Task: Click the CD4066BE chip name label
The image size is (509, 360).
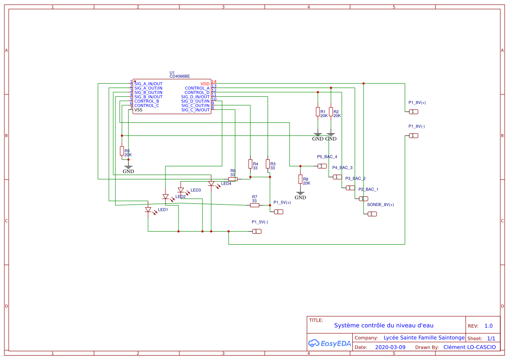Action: (x=179, y=76)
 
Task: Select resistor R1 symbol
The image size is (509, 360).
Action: (x=317, y=111)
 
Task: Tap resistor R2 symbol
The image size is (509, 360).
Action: (x=330, y=111)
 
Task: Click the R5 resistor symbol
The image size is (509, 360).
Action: (x=122, y=151)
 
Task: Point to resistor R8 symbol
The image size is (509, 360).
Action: (x=300, y=179)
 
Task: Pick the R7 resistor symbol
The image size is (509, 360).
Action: (x=255, y=205)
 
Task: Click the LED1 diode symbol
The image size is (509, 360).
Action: (x=148, y=210)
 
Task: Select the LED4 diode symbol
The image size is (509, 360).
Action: (x=211, y=184)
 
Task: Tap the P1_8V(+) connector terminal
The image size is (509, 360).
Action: (x=413, y=112)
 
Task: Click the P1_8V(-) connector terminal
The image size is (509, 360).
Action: (x=413, y=136)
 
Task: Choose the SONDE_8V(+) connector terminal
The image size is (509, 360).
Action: (x=372, y=214)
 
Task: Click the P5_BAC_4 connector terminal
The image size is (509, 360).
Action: (x=322, y=166)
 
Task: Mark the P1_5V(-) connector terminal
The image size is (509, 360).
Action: (x=257, y=231)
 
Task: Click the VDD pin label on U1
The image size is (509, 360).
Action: (x=205, y=84)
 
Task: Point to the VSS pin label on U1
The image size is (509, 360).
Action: (x=138, y=110)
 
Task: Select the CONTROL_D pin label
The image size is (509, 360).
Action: (x=197, y=92)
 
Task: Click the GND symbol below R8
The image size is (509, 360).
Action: (x=300, y=194)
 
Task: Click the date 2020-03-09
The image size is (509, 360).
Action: (x=390, y=347)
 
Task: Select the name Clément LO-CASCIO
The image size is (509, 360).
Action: (x=469, y=347)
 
